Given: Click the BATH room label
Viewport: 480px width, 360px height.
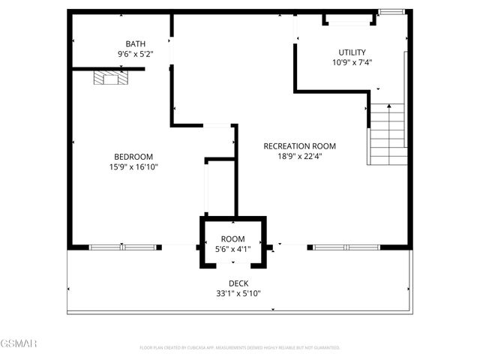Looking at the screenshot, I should (136, 43).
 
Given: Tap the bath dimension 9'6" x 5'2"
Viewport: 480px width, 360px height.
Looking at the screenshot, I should (136, 54).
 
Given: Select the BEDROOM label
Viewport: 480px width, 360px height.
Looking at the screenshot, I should (133, 156).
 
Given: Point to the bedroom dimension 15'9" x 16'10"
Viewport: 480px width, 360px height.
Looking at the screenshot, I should (133, 166).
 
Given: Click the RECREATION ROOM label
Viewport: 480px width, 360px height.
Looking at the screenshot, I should (299, 146).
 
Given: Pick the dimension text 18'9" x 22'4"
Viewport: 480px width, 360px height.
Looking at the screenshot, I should (299, 157).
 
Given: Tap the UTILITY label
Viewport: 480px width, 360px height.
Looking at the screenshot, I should (352, 52).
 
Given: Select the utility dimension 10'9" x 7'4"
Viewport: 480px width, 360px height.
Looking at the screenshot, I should (352, 63).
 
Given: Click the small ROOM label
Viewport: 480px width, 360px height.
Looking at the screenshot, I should (232, 238).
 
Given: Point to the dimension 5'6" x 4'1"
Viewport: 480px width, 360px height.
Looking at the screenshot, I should (232, 249).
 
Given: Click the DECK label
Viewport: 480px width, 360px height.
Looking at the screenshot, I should (238, 283).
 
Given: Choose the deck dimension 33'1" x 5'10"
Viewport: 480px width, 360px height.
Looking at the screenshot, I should (238, 293).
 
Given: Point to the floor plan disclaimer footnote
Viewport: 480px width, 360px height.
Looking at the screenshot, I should (240, 347).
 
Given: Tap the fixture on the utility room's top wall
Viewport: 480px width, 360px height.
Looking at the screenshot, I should (346, 19).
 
